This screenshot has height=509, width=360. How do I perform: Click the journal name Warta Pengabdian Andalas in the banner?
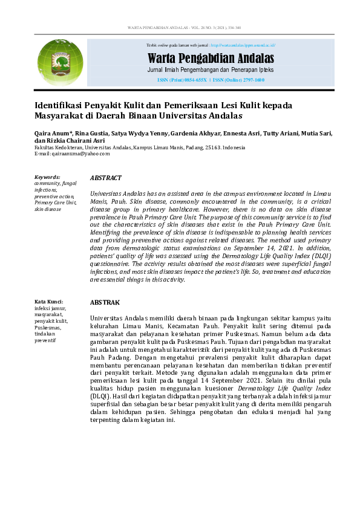coord(211,59)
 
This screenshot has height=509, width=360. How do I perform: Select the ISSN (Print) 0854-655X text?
coord(182,80)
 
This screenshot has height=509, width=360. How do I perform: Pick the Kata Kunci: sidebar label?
coord(49,301)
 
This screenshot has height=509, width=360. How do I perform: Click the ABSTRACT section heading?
coord(105,178)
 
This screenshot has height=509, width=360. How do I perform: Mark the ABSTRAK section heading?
coord(105,302)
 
